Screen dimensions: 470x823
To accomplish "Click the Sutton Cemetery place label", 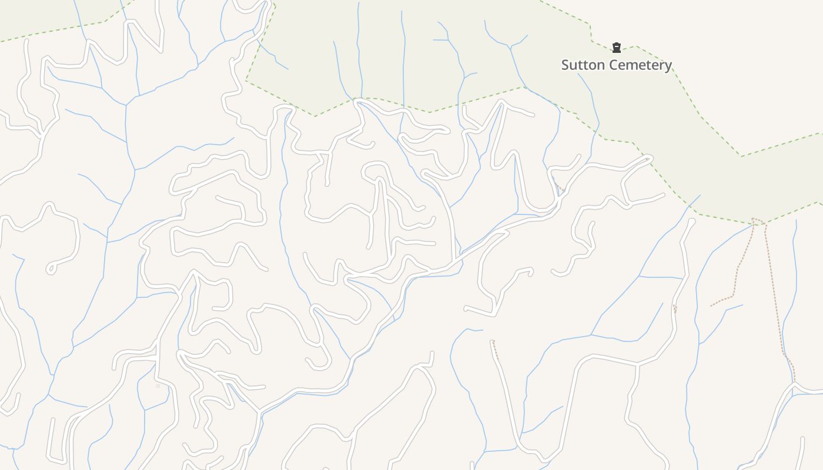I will tap(616, 65).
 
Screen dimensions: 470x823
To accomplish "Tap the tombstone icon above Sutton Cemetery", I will tap(616, 48).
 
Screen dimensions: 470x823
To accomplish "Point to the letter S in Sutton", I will tap(566, 65).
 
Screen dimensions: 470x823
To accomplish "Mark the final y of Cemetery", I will tap(668, 66).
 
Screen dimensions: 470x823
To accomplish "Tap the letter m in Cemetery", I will tap(630, 65).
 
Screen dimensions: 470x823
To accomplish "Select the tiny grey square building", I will tap(158, 386).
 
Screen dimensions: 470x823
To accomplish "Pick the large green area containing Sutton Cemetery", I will tap(411, 47).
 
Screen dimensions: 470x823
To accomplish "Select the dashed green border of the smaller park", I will tap(53, 33).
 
